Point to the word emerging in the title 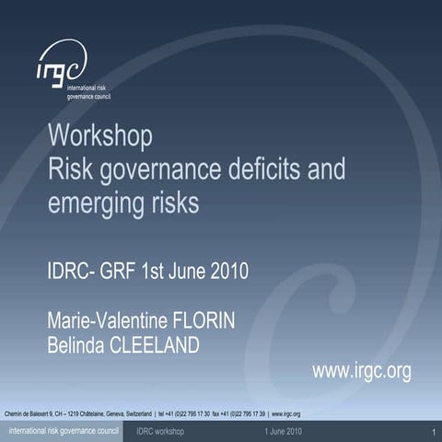90,203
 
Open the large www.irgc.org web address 361,370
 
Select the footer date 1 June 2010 283,431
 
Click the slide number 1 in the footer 432,432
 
